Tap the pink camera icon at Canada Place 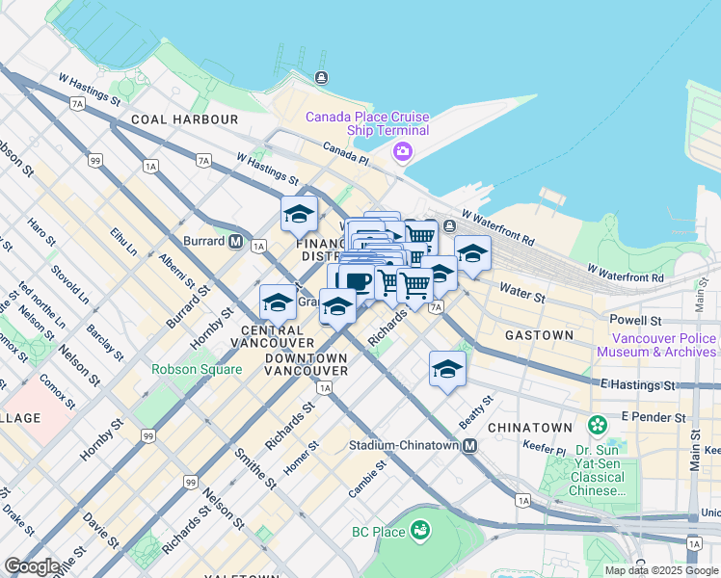pos(402,152)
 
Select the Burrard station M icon pos(235,242)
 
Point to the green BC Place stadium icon pos(419,530)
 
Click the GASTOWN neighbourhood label pos(539,335)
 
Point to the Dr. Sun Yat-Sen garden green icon pos(599,425)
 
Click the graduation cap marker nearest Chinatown pos(447,369)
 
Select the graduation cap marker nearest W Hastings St pos(299,214)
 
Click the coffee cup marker pos(357,281)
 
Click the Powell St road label pos(634,319)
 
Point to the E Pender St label pos(654,417)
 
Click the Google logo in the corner pos(32,566)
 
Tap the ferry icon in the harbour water pos(320,78)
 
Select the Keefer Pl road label pos(547,449)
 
